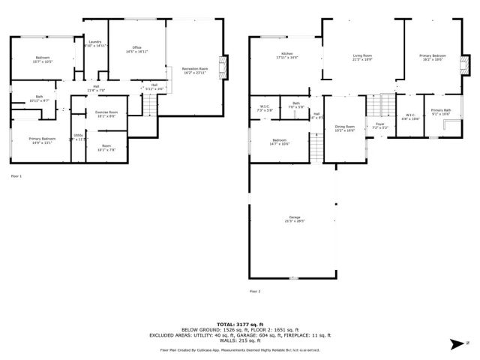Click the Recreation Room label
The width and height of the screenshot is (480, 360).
pyautogui.click(x=194, y=69)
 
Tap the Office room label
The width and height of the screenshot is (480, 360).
pyautogui.click(x=136, y=49)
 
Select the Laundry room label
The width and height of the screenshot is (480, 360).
pyautogui.click(x=94, y=43)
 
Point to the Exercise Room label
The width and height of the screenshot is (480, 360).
pyautogui.click(x=106, y=112)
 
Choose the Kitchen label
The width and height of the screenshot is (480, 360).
pyautogui.click(x=286, y=54)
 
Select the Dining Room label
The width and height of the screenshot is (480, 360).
pyautogui.click(x=344, y=127)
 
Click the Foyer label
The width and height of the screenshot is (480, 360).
pyautogui.click(x=379, y=124)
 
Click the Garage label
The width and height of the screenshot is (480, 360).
pyautogui.click(x=293, y=217)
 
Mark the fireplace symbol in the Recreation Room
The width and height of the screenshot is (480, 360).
pyautogui.click(x=221, y=65)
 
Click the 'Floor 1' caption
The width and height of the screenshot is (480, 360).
pyautogui.click(x=16, y=175)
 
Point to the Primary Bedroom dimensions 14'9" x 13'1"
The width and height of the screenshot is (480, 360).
pyautogui.click(x=42, y=142)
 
